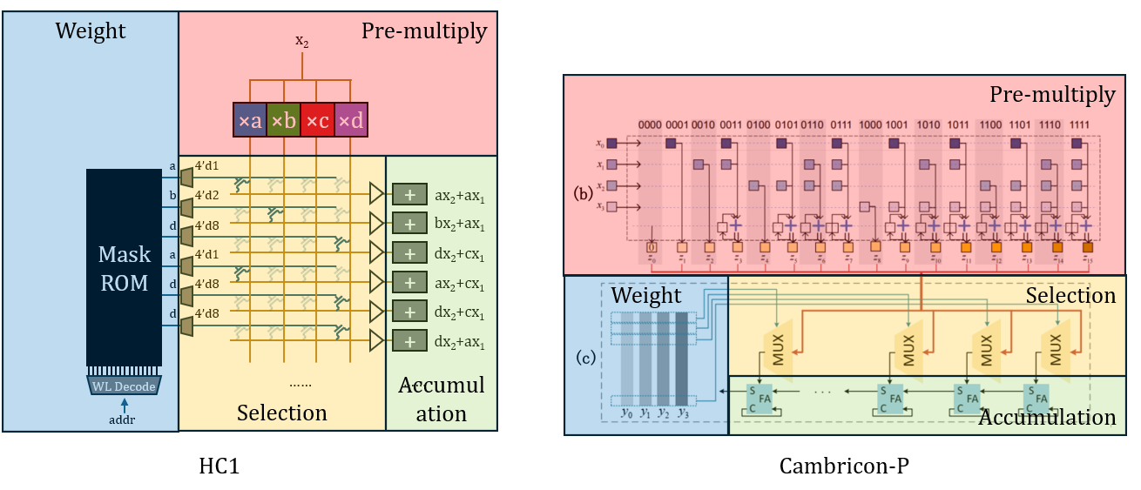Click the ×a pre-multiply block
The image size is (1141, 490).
coord(250,120)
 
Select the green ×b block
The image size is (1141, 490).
coord(283,120)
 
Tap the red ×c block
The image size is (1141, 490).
coord(317,120)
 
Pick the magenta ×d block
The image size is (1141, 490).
coord(351,120)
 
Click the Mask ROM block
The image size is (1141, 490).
coord(124,266)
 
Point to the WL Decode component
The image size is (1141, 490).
coord(124,386)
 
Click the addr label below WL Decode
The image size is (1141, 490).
coord(124,420)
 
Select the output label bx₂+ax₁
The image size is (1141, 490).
coord(459,224)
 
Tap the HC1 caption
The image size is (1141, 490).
coord(219,467)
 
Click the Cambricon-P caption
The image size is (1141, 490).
coord(843,467)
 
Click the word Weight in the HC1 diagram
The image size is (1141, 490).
coord(91,31)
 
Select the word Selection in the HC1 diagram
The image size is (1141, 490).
coord(282,412)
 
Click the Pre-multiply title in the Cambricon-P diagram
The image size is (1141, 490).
coord(1064,94)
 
